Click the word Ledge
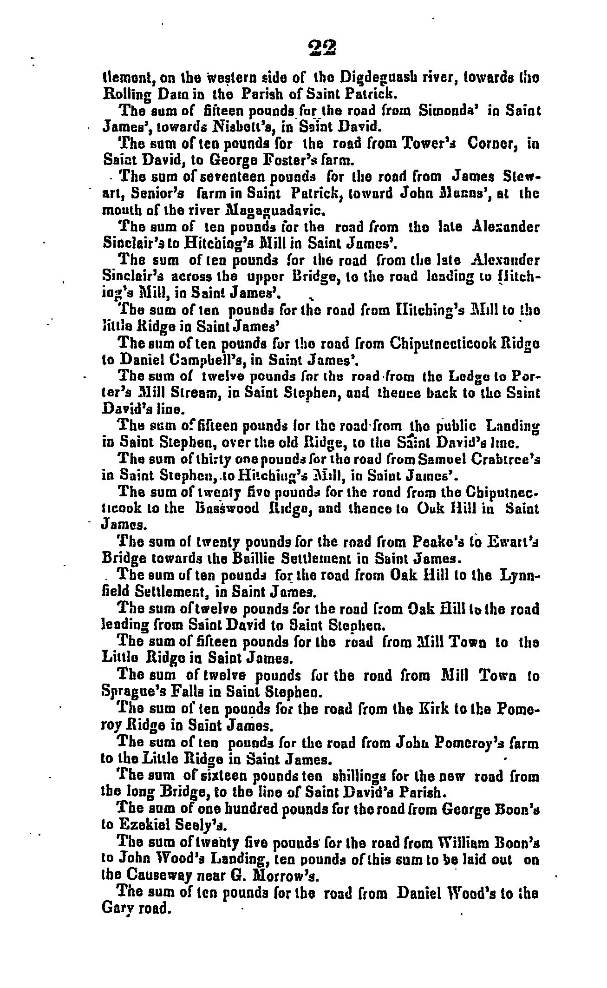click(465, 376)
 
